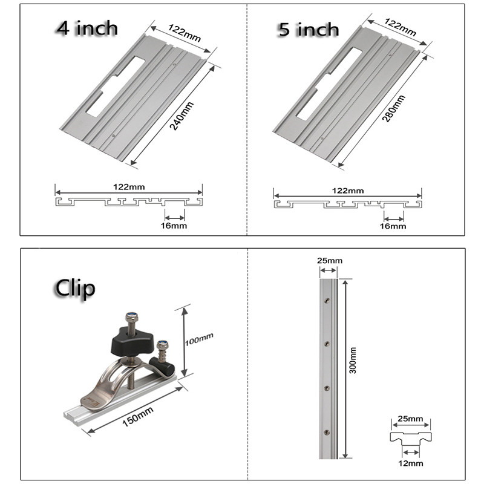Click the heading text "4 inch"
click(x=87, y=28)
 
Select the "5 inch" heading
click(x=309, y=30)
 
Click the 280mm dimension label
click(x=389, y=108)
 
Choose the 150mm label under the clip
click(x=137, y=416)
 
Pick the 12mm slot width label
click(x=412, y=463)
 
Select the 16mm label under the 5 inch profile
click(x=394, y=226)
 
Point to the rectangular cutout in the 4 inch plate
click(x=115, y=85)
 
